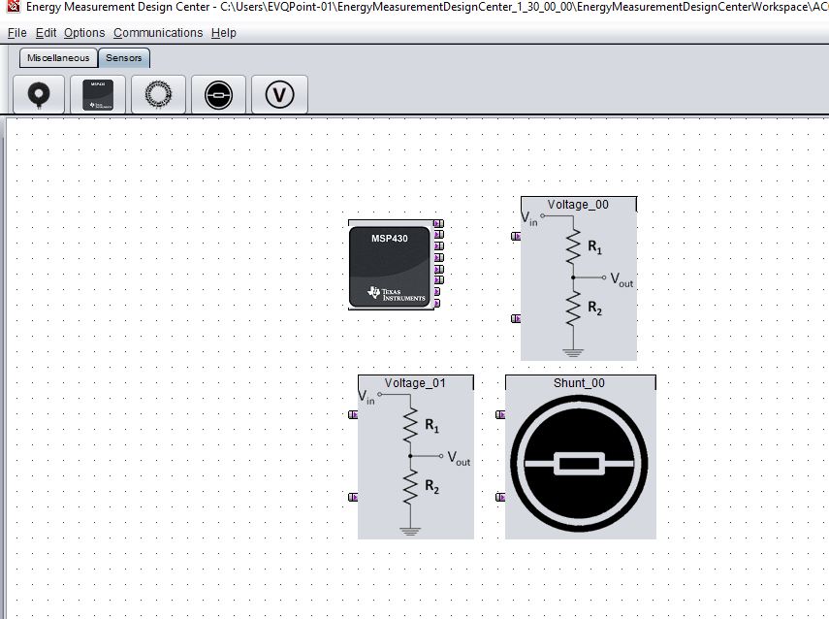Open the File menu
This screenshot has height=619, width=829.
16,33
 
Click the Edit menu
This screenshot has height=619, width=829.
46,33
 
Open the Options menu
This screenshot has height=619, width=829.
84,33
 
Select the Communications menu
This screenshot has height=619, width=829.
158,33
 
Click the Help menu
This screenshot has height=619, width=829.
223,33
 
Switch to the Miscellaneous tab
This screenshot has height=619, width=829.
58,58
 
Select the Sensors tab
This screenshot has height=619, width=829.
124,58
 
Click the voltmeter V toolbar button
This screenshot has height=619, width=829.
279,95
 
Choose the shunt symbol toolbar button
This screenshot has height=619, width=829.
219,95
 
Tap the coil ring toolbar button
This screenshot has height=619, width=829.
159,95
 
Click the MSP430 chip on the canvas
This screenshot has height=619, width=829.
390,264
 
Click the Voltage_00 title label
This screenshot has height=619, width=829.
578,205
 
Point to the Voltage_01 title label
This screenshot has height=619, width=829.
415,383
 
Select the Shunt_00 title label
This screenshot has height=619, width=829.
579,383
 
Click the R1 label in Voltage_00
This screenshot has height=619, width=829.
595,249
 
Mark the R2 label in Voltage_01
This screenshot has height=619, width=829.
432,487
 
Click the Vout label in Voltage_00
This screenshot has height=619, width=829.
621,279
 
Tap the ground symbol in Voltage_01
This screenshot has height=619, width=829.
411,530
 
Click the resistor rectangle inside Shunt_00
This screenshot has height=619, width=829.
580,465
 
